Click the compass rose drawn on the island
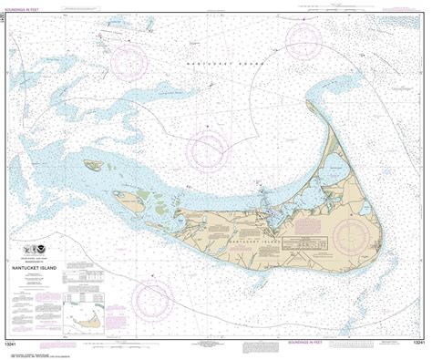351,237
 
